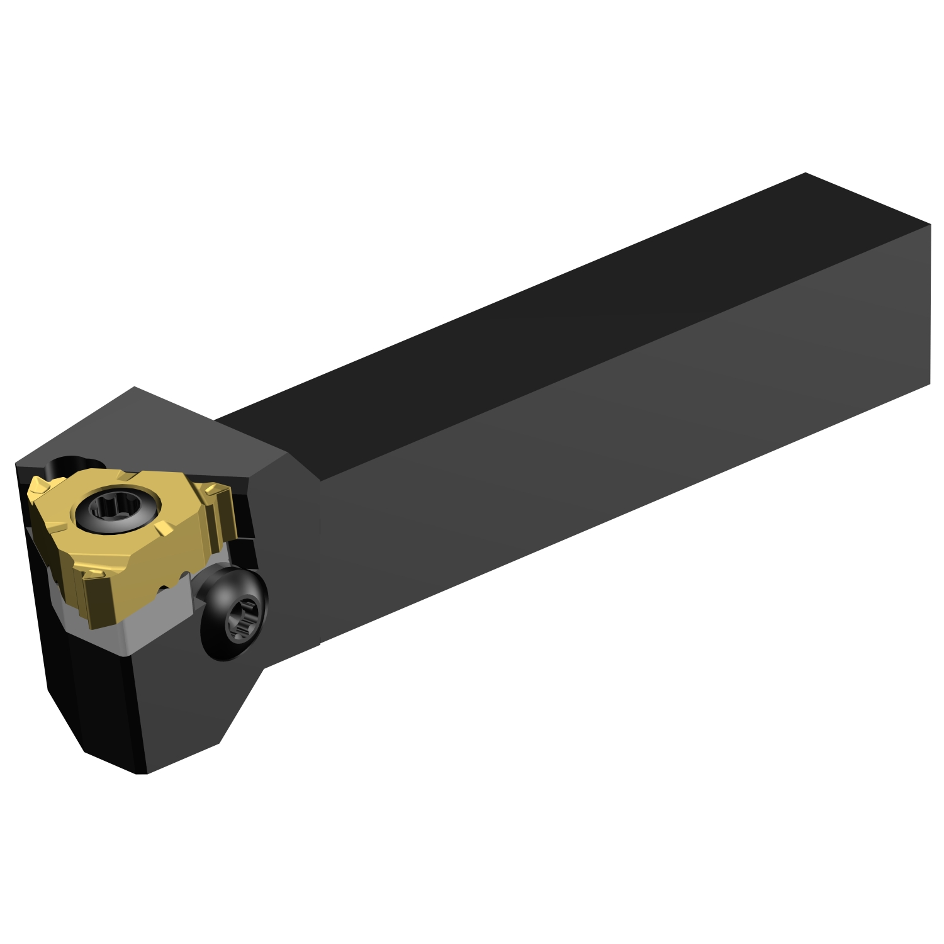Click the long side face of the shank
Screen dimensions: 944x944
tap(566, 491)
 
